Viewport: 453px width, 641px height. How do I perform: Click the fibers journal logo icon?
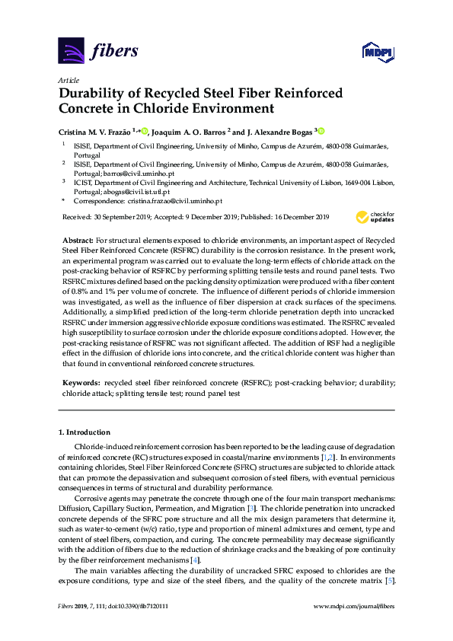(x=71, y=50)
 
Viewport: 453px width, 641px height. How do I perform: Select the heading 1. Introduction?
(x=85, y=432)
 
